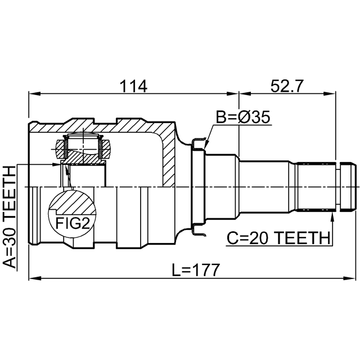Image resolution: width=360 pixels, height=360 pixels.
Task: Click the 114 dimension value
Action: (133, 86)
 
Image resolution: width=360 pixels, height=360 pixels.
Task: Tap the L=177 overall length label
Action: (196, 270)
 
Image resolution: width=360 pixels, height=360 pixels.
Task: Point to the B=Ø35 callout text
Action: (243, 117)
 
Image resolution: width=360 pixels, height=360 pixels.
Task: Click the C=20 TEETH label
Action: (278, 238)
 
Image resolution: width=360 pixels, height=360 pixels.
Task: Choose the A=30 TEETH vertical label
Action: (10, 217)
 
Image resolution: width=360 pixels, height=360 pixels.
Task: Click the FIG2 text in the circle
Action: (73, 223)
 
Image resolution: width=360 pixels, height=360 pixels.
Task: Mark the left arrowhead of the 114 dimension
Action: (34, 94)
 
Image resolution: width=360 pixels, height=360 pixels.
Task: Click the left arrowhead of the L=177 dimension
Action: (34, 278)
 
